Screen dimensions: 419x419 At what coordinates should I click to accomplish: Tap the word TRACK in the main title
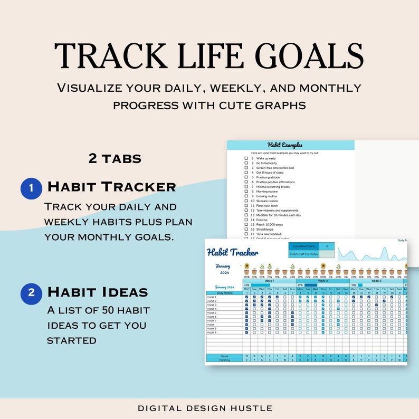(x=105, y=55)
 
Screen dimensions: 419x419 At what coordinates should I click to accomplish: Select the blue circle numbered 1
(x=31, y=188)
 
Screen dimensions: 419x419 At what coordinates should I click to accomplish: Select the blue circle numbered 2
(x=31, y=293)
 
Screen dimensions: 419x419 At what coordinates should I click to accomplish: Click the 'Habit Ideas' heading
(x=98, y=292)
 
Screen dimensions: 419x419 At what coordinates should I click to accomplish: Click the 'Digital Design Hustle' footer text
(x=205, y=408)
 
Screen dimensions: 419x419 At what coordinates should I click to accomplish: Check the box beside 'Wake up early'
(x=246, y=158)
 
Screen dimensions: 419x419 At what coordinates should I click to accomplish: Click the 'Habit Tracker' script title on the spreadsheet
(x=233, y=252)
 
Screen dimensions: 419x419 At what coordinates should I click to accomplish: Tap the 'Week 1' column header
(x=269, y=281)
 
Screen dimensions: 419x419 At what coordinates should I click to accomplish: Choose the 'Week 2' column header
(x=322, y=281)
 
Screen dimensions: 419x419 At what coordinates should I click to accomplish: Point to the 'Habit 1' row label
(x=212, y=297)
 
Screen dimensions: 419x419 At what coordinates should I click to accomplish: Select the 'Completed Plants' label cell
(x=304, y=246)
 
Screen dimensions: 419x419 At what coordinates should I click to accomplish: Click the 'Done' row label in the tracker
(x=224, y=356)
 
